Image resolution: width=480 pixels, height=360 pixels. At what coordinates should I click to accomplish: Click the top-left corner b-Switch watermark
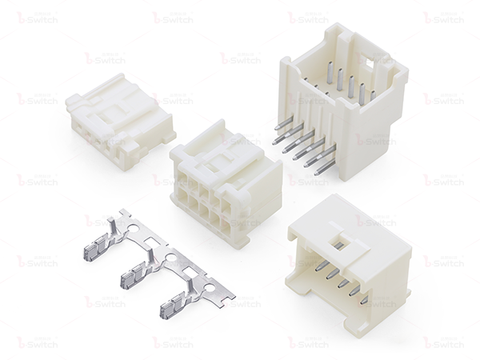[37, 17]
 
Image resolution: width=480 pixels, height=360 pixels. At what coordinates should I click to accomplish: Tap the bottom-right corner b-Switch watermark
[443, 342]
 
